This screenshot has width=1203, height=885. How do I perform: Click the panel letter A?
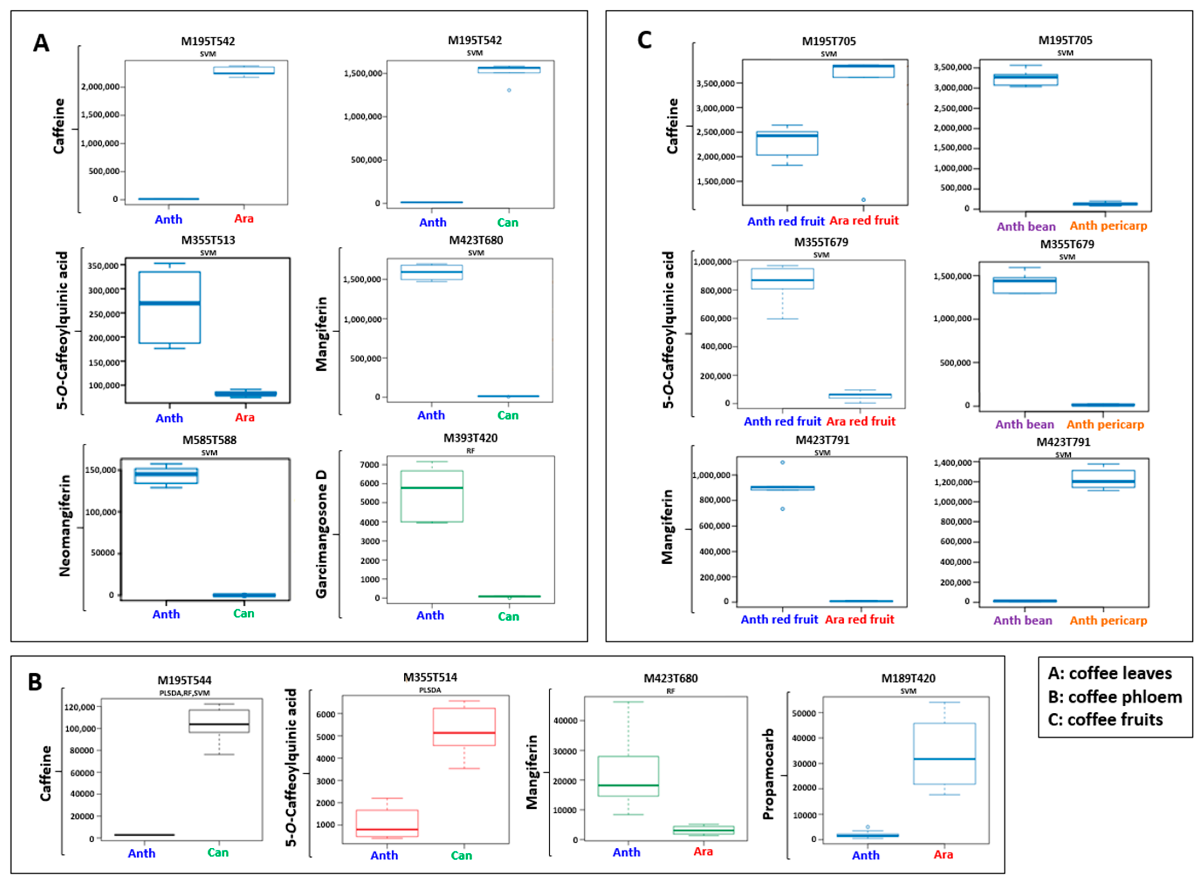pyautogui.click(x=41, y=43)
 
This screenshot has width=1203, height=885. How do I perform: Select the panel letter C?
pyautogui.click(x=645, y=40)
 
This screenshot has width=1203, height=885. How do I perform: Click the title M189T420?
pyautogui.click(x=908, y=678)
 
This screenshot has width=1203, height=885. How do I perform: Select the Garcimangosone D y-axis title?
pyautogui.click(x=321, y=534)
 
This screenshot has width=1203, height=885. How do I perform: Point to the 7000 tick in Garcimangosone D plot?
pyautogui.click(x=370, y=465)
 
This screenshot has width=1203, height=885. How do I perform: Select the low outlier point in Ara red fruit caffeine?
pyautogui.click(x=863, y=200)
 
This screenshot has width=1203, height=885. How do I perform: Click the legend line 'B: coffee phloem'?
pyautogui.click(x=1115, y=696)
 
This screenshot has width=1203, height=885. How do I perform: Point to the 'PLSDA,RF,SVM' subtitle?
pyautogui.click(x=185, y=693)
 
